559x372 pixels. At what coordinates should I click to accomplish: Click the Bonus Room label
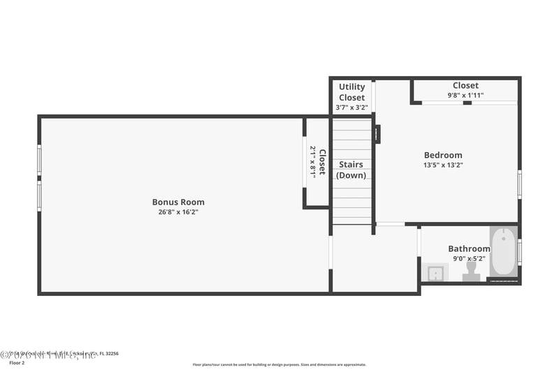coord(178,202)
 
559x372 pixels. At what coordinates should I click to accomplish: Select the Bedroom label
coord(443,155)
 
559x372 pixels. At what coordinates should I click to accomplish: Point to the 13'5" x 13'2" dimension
coord(443,165)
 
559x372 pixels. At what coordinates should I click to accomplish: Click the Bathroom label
coord(469,248)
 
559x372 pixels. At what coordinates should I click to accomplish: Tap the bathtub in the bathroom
coord(503,253)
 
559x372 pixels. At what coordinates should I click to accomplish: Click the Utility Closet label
coord(351,92)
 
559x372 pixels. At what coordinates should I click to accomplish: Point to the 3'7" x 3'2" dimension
coord(351,107)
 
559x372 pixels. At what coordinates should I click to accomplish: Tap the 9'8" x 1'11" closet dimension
coord(465,96)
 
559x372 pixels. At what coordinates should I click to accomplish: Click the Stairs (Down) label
coord(351,170)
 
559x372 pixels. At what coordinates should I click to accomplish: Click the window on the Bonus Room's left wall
coord(39,177)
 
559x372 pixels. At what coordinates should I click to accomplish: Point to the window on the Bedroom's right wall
coord(519,184)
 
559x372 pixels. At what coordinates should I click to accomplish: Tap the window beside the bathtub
coord(519,251)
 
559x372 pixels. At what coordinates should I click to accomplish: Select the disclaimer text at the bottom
coord(279,364)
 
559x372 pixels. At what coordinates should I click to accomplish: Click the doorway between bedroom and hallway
coord(390,224)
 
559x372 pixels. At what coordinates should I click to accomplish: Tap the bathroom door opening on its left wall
coord(419,241)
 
